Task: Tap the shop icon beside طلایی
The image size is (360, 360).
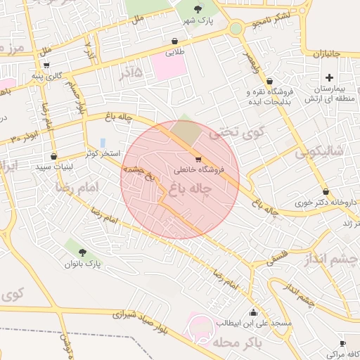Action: click(174, 41)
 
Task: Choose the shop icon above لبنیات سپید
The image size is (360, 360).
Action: click(53, 156)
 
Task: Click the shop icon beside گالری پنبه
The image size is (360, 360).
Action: click(46, 65)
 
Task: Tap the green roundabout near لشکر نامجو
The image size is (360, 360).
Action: click(236, 28)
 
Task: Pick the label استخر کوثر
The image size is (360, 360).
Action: click(103, 153)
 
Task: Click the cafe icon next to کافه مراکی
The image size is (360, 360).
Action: click(342, 344)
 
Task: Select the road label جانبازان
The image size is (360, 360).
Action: click(326, 53)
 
